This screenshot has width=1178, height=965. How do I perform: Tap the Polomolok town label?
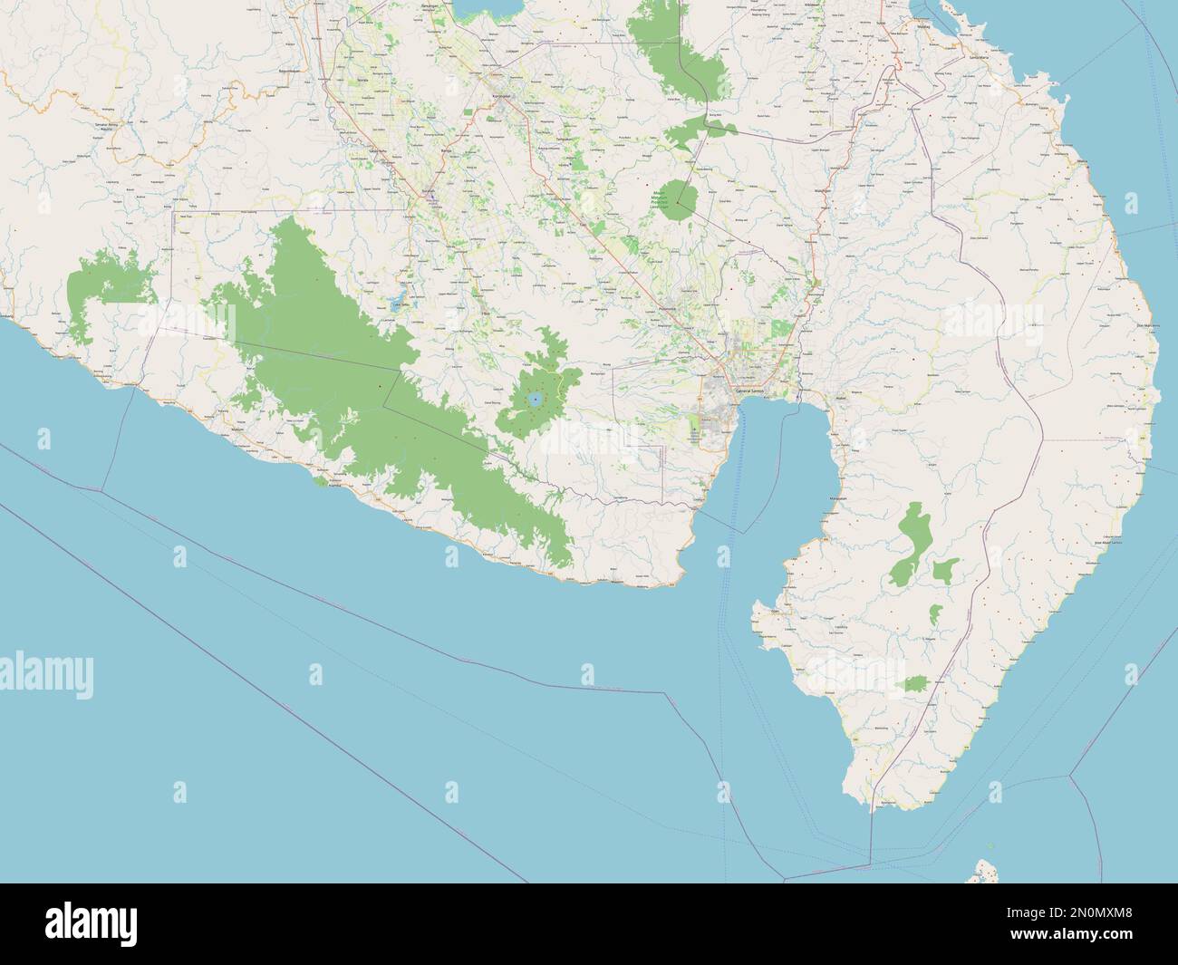(673, 307)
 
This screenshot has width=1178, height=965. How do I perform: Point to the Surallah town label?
(428, 192)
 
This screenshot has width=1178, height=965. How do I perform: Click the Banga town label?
(445, 150)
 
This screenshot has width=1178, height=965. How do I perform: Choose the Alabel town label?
(813, 396)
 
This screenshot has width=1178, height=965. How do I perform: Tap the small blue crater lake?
(535, 398)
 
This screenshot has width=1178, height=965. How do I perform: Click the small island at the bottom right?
(981, 872)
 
